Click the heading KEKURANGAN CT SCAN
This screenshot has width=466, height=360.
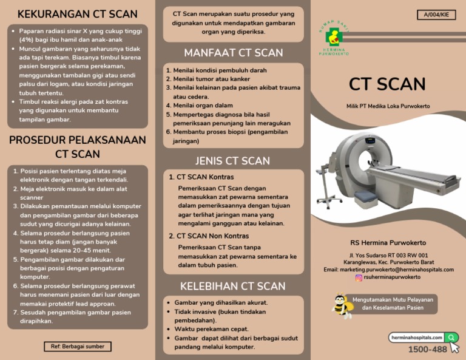pyautogui.click(x=77, y=14)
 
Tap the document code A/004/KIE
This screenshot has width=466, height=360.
pyautogui.click(x=436, y=15)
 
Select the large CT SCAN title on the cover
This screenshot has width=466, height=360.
pyautogui.click(x=387, y=84)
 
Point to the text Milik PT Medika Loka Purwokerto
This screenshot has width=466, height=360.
pyautogui.click(x=388, y=106)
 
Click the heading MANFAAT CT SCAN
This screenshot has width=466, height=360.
pyautogui.click(x=234, y=52)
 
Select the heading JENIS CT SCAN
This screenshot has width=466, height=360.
pyautogui.click(x=232, y=161)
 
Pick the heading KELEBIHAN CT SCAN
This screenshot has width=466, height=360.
pyautogui.click(x=232, y=286)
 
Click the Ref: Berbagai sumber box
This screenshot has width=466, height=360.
pyautogui.click(x=77, y=347)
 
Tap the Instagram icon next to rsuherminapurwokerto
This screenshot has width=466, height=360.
pyautogui.click(x=359, y=277)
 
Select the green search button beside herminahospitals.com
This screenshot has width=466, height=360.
pyautogui.click(x=451, y=337)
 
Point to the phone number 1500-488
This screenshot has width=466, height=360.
pyautogui.click(x=427, y=350)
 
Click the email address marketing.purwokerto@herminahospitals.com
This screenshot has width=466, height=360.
pyautogui.click(x=388, y=270)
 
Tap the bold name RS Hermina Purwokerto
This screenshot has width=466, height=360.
pyautogui.click(x=388, y=243)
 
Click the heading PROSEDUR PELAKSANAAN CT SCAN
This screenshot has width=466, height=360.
pyautogui.click(x=77, y=147)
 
